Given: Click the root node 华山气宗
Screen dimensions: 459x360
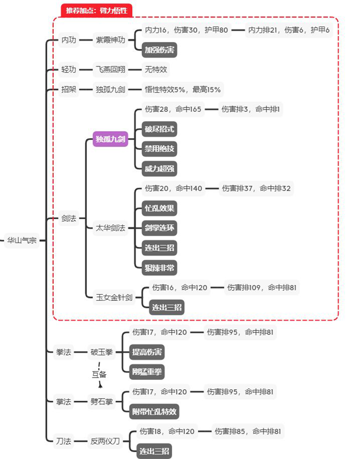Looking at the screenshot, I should coord(22,241).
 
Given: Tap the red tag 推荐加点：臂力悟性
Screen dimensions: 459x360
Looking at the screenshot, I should coord(96,10).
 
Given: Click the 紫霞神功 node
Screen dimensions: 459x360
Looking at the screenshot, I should coord(111,40).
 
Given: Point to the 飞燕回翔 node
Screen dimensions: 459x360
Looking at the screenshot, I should coord(111,70).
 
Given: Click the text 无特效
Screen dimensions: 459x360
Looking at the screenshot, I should coord(156,70).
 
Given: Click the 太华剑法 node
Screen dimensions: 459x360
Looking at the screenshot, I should coord(111,228).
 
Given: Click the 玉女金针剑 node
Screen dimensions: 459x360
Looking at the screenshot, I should coord(114,298).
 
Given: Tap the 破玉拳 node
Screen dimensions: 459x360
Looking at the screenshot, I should coord(101,352).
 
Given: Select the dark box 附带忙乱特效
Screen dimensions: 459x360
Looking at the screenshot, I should coord(155,411).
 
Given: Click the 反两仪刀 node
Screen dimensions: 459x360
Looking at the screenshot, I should coord(105,441).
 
